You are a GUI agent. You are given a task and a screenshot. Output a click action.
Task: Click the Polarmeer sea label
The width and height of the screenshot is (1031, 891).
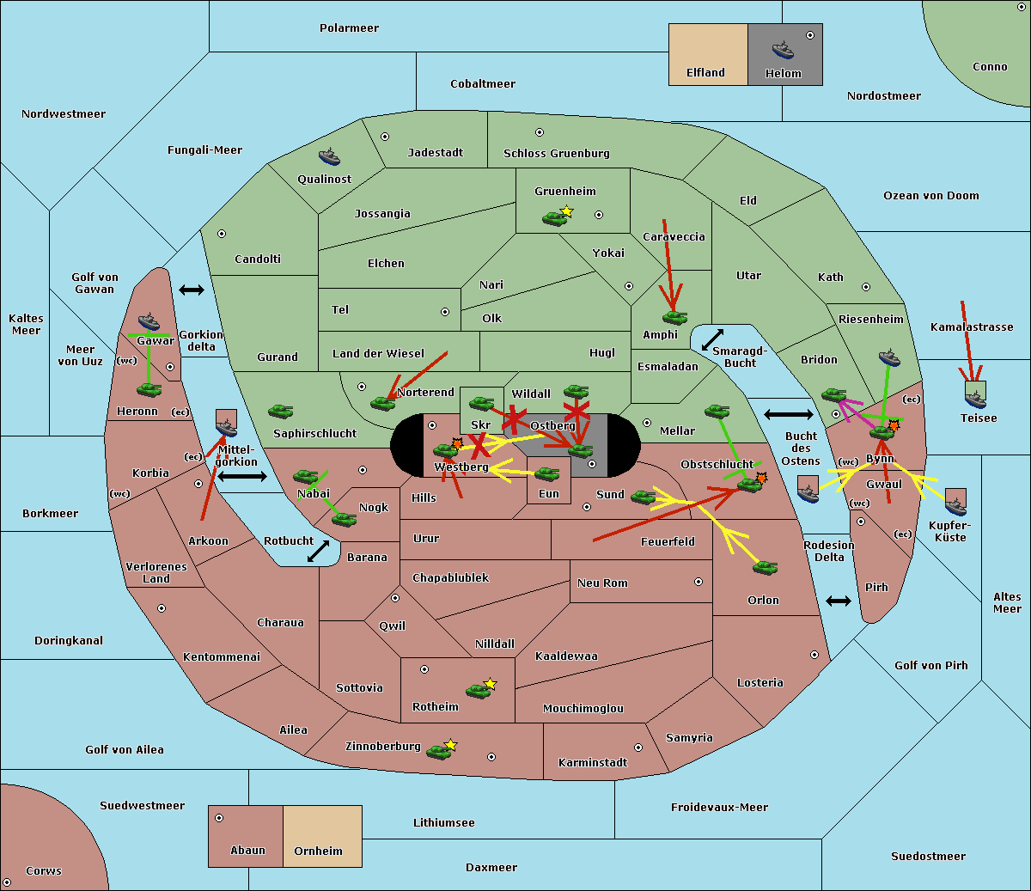349,28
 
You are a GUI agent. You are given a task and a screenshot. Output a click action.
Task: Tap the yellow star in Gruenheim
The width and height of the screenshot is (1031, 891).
566,211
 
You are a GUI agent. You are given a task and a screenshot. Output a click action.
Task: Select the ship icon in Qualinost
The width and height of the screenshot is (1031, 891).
329,157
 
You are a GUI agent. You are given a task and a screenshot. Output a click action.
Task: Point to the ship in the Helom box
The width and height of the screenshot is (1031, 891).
782,50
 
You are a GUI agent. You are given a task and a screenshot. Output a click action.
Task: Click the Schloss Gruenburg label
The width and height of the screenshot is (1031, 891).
556,154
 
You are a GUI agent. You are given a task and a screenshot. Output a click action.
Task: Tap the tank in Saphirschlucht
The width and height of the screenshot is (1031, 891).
280,412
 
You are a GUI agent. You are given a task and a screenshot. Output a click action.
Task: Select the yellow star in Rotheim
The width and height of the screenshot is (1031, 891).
491,684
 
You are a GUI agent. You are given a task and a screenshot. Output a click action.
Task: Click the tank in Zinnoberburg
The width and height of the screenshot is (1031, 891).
439,752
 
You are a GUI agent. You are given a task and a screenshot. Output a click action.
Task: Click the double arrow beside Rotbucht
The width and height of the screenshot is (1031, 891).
319,551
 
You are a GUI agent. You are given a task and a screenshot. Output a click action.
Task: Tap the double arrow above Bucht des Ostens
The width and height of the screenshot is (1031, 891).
788,415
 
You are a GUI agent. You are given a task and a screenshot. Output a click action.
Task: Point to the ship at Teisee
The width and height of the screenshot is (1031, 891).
975,396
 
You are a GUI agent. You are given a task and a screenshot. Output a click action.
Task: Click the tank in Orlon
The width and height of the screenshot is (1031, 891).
765,568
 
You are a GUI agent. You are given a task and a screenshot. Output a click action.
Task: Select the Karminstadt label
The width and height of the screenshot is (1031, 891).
593,763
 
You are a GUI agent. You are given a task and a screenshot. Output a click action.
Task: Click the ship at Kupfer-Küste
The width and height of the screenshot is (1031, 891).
955,503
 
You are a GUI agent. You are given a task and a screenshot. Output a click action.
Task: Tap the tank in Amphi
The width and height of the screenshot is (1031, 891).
674,318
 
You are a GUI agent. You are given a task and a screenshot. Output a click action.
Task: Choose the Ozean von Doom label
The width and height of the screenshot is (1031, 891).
930,196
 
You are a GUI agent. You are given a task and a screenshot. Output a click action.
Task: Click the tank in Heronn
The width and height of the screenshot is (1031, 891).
149,389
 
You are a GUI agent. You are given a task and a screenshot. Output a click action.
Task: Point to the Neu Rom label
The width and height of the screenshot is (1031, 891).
602,583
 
